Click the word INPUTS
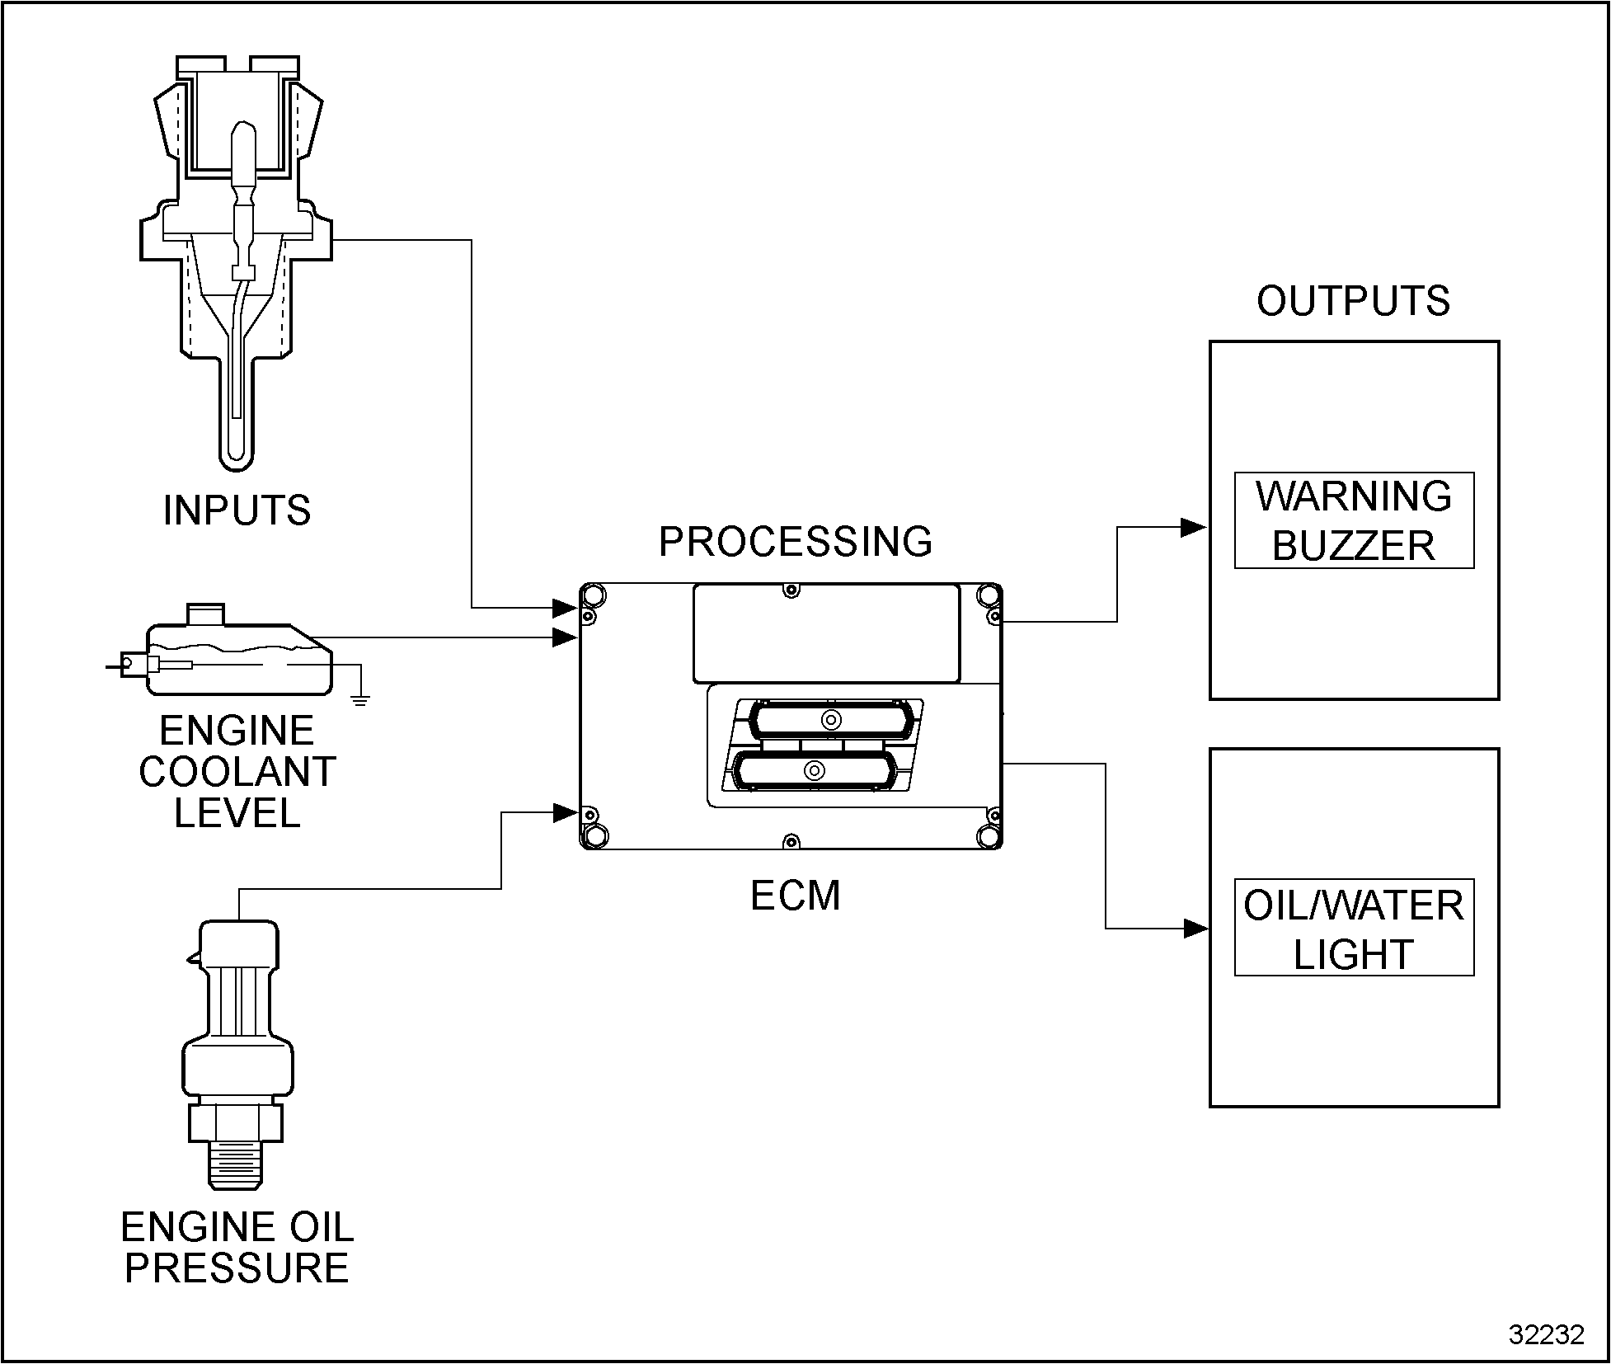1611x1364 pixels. tap(237, 510)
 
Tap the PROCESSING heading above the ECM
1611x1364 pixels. tap(795, 542)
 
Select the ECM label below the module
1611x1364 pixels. tap(795, 896)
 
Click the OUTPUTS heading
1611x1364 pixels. tap(1353, 301)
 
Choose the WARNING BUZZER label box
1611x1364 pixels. tap(1353, 520)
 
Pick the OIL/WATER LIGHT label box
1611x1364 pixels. tap(1353, 929)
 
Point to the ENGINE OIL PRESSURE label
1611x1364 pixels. tap(237, 1247)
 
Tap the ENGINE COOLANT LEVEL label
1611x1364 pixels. tap(237, 772)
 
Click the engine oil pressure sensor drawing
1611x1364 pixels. tap(237, 1047)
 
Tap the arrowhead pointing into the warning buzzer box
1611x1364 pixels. tap(1193, 528)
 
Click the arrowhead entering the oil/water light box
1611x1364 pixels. tap(1195, 929)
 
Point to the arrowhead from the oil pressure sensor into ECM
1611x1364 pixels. tap(566, 813)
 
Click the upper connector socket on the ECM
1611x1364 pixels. tap(831, 720)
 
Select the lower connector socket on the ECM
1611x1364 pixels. tap(815, 771)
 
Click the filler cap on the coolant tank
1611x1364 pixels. tap(206, 614)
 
